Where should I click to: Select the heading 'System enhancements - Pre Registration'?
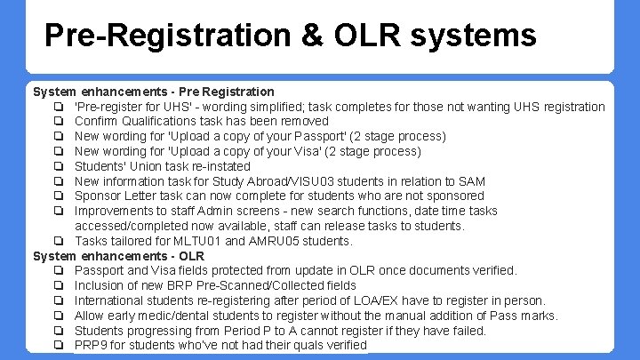coord(154,92)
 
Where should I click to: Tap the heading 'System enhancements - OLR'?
coord(118,256)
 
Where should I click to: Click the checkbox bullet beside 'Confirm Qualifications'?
coord(58,122)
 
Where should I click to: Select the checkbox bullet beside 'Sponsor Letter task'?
coord(58,196)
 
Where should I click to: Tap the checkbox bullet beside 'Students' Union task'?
coord(58,166)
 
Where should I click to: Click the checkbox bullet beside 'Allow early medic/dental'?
coord(58,316)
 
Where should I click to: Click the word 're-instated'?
coord(220,166)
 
